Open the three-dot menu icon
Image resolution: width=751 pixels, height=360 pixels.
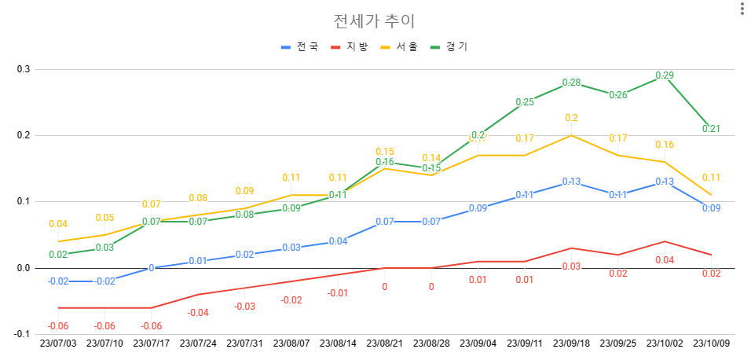[741, 9]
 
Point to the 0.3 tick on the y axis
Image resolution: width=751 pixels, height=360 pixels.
[24, 69]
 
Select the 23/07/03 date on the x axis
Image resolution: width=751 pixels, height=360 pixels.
[58, 343]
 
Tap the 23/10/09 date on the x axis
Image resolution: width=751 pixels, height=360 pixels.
[711, 343]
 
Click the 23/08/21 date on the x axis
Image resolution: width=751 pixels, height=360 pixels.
[385, 343]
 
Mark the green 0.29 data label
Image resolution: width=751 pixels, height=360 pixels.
[664, 75]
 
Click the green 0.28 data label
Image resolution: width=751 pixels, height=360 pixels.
[571, 83]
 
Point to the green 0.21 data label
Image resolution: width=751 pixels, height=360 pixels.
[711, 129]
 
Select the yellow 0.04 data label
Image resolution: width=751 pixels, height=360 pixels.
[58, 224]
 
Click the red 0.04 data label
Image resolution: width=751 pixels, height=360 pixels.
[664, 260]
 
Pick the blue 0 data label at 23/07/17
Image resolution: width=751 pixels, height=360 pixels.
[152, 268]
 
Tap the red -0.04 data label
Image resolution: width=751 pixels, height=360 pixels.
[198, 313]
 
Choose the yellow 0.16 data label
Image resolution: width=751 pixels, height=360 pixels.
[664, 145]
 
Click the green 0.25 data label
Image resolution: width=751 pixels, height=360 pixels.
[525, 102]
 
